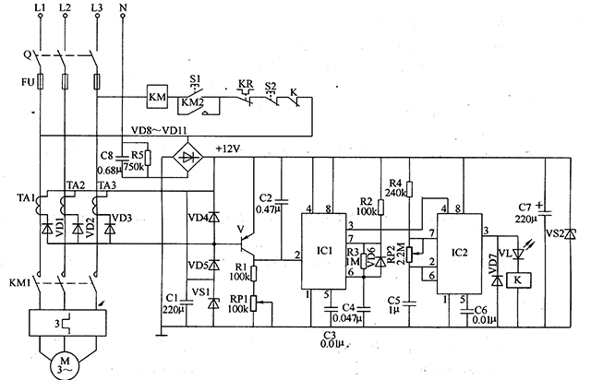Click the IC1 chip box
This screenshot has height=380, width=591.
[324, 251]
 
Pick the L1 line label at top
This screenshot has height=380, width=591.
[39, 8]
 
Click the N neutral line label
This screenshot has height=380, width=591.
[125, 8]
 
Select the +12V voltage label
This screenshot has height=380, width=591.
[227, 148]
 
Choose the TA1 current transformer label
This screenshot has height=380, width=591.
[25, 199]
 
